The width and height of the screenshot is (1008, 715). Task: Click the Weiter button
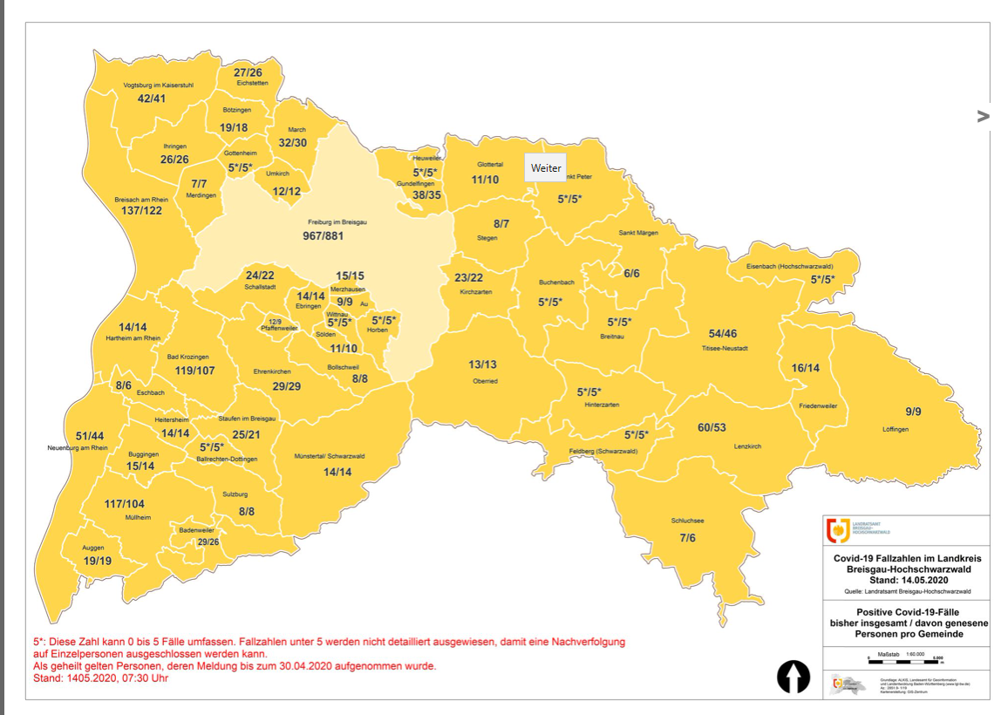pos(546,167)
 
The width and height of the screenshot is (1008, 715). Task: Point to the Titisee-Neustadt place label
pos(724,348)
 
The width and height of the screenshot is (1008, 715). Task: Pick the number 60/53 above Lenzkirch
pos(712,427)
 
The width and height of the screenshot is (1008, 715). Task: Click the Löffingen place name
pos(895,429)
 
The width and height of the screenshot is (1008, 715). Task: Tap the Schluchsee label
pos(687,521)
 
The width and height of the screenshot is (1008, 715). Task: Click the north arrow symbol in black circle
pos(793,677)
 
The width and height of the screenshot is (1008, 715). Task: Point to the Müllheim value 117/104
pos(124,504)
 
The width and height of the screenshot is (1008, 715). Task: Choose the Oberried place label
pos(484,380)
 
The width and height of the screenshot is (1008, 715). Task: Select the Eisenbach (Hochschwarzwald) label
pos(780,267)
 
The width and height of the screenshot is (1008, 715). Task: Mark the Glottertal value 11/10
pos(485,179)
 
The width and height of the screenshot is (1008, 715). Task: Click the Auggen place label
pos(92,548)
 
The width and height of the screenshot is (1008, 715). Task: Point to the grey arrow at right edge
pos(984,116)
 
